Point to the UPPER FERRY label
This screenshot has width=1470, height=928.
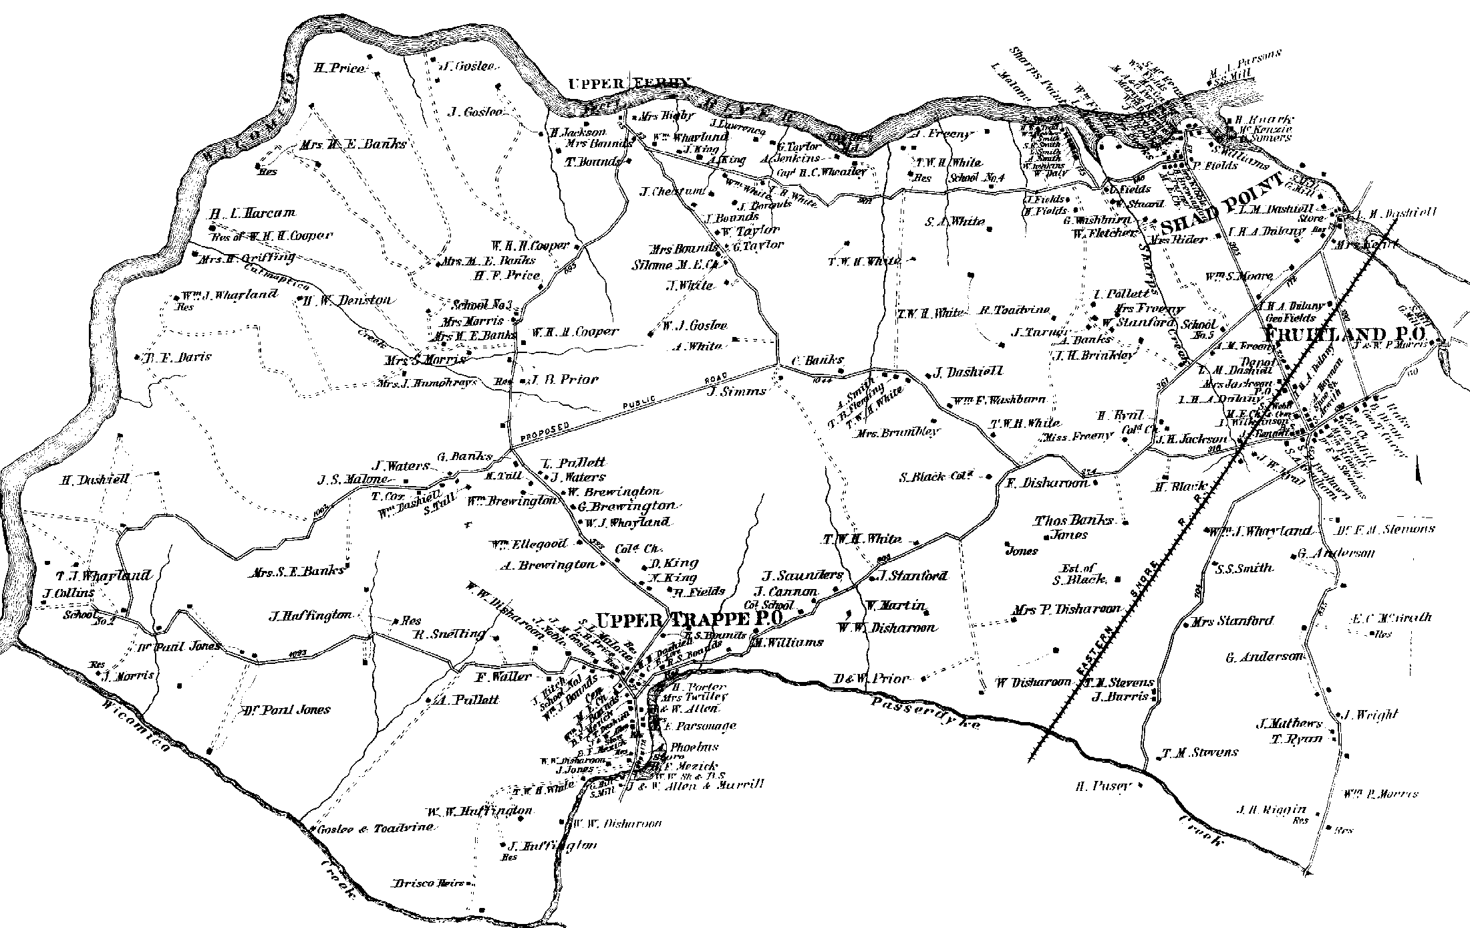point(628,84)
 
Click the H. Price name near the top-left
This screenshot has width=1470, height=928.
point(340,68)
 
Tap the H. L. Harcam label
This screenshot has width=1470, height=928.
point(252,214)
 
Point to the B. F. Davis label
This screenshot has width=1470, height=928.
point(177,357)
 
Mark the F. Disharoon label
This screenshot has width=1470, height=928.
point(1047,483)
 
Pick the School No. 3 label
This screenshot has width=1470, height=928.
point(481,305)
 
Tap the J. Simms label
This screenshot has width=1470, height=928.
point(736,391)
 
